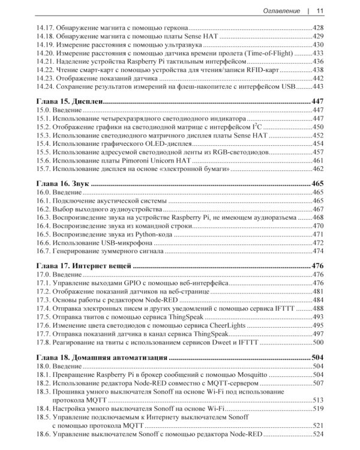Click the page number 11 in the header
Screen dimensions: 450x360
coord(320,10)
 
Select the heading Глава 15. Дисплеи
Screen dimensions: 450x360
coord(70,102)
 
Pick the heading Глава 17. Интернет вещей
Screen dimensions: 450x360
coord(84,265)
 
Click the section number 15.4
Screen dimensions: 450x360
coord(41,144)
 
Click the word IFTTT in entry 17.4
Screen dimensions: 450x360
coord(289,308)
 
